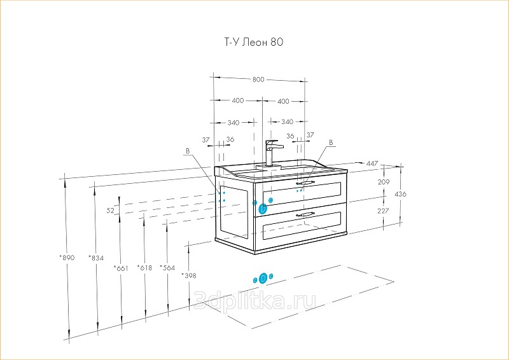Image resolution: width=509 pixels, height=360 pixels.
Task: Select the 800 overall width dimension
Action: (x=258, y=80)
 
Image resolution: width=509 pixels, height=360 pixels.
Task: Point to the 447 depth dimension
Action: (x=372, y=164)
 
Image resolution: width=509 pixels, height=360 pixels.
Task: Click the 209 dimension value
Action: (x=383, y=183)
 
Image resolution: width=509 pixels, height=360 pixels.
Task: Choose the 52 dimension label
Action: (x=110, y=210)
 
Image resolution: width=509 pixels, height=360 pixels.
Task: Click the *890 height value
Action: (x=67, y=258)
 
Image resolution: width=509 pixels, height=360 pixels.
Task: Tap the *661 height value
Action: (x=121, y=268)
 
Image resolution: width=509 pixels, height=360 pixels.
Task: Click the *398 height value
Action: (x=189, y=275)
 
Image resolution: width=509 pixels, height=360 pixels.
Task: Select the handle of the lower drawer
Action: (x=305, y=215)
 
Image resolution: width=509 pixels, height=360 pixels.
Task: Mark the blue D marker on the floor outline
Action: (x=263, y=278)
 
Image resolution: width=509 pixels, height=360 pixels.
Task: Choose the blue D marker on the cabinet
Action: (x=263, y=207)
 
